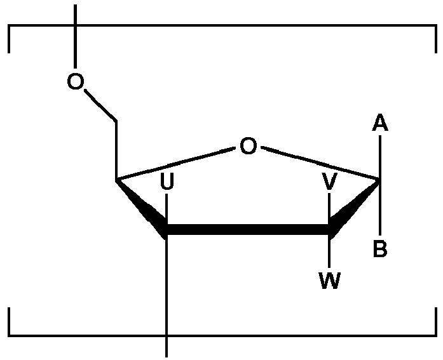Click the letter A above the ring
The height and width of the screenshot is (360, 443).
coord(379,123)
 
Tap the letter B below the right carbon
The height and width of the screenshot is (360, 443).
coord(379,250)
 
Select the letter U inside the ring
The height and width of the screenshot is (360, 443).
coord(167,183)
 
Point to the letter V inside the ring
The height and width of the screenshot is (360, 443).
coord(329,183)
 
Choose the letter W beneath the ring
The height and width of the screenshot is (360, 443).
coord(329,281)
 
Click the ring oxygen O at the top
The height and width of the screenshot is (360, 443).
coord(248,147)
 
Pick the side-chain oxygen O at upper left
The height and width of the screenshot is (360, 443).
coord(75,82)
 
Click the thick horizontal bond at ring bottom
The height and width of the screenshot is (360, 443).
coord(248,230)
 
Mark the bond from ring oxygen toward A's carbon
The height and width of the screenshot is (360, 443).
coord(318,164)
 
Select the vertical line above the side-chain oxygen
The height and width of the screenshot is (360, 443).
coord(75,38)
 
